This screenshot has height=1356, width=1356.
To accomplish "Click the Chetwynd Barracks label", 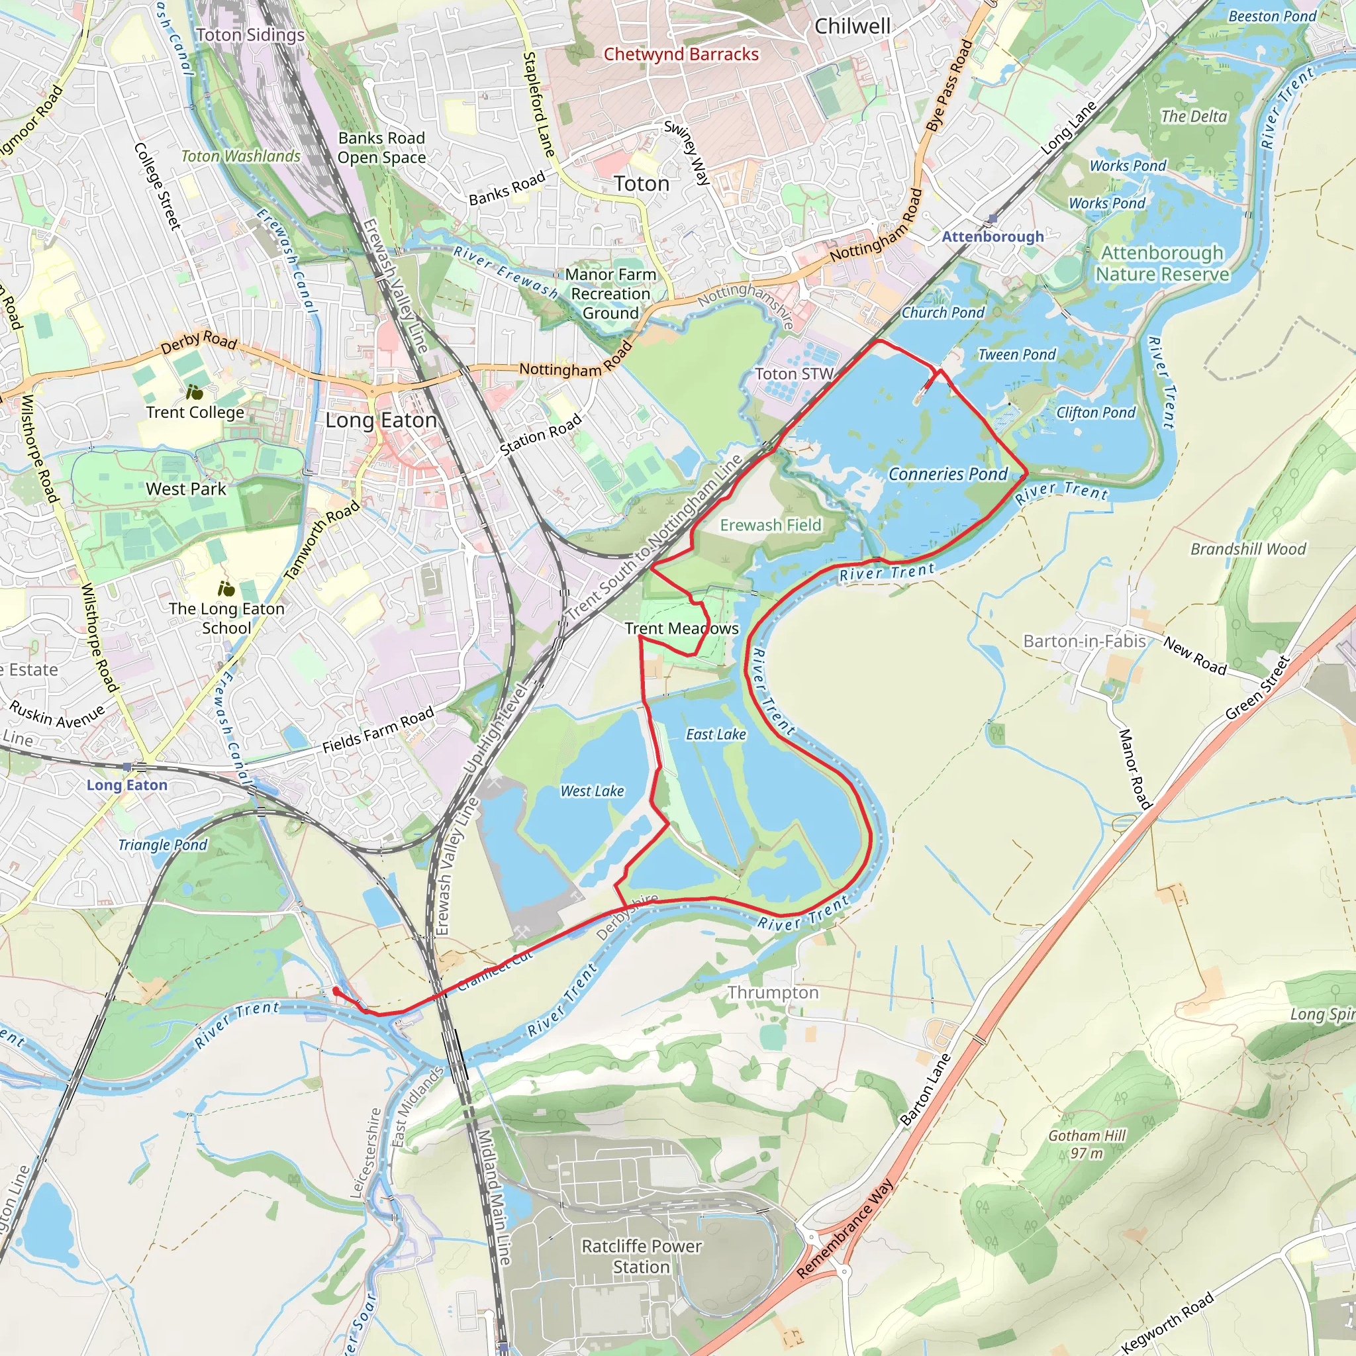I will (x=681, y=54).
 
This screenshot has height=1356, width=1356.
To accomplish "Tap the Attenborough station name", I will (x=993, y=236).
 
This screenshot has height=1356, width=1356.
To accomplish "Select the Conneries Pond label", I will (x=947, y=475).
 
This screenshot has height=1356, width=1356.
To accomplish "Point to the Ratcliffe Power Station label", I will (x=641, y=1256).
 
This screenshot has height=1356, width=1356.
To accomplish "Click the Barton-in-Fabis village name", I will (x=1084, y=641).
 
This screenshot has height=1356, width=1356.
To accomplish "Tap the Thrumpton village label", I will (x=773, y=993).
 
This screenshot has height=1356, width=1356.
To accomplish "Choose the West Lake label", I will (x=592, y=791).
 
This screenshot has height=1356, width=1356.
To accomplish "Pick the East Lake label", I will (x=716, y=734).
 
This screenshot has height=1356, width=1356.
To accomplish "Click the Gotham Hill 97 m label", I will (x=1087, y=1144).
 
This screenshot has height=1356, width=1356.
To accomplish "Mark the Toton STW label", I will (x=794, y=374).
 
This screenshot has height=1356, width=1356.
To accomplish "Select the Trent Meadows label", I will (x=681, y=629).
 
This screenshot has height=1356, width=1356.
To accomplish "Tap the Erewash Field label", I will (x=770, y=525).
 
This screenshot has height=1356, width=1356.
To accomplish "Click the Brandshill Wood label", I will (x=1248, y=549).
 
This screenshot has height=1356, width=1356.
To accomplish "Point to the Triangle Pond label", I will (x=162, y=845).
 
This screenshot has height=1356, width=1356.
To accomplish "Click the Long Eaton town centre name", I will (x=381, y=420).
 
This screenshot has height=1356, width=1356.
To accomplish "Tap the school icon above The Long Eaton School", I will (x=226, y=589).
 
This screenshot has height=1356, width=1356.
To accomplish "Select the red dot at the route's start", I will (x=336, y=991).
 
